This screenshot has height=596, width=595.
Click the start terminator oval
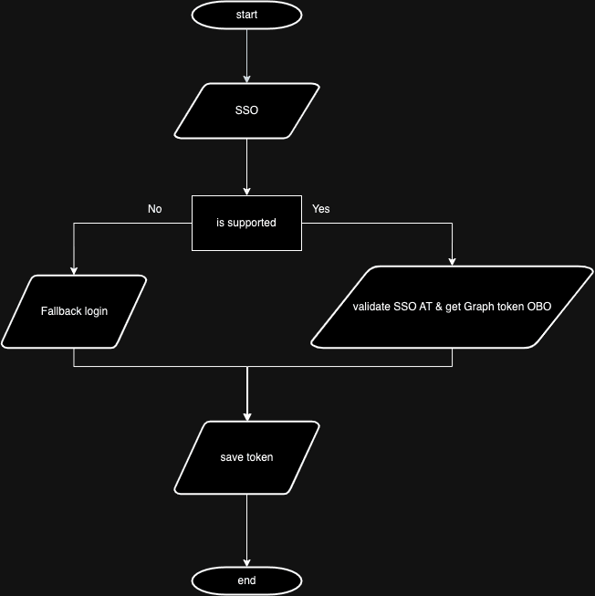point(246,15)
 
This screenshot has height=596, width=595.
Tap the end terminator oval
point(246,580)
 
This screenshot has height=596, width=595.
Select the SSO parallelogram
point(246,110)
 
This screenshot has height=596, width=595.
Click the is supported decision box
point(246,223)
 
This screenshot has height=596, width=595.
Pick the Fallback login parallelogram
point(74,311)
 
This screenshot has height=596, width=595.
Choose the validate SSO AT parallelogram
point(452,307)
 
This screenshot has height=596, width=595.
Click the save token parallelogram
point(246,457)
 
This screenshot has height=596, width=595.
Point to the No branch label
point(155,209)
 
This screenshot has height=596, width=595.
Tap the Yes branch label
point(321,209)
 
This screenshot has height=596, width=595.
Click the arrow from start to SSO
point(246,55)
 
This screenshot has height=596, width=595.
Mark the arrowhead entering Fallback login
point(74,270)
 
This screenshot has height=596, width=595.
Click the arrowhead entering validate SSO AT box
point(452,262)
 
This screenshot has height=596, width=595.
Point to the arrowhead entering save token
point(246,415)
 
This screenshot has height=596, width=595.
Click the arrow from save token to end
point(246,529)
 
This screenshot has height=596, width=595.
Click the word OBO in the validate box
point(539,307)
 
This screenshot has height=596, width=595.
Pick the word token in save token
point(259,457)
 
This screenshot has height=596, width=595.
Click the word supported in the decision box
point(253,223)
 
